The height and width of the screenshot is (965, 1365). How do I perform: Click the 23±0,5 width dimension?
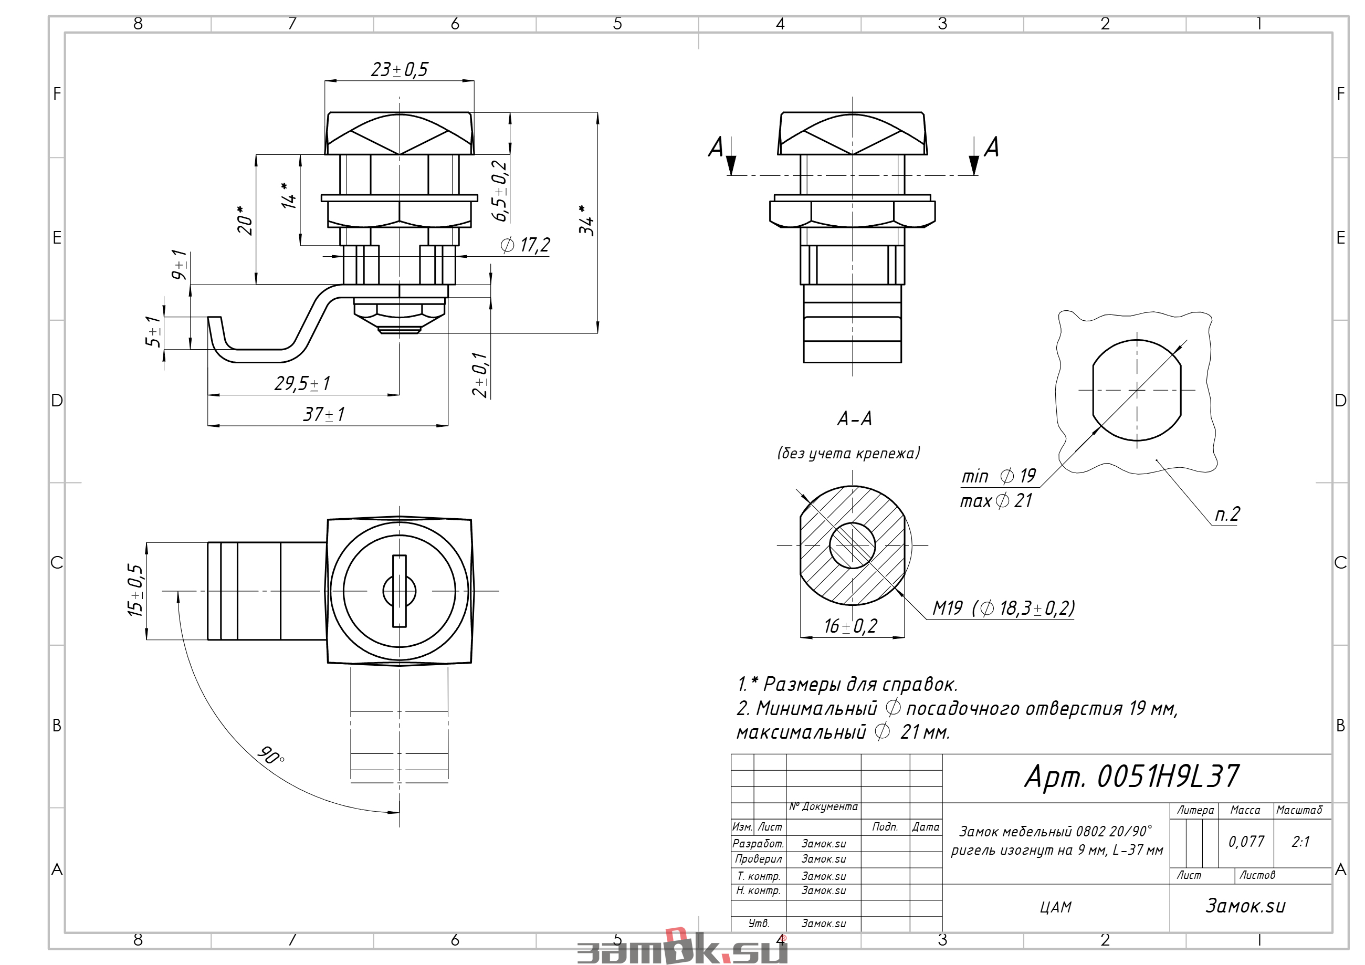click(399, 69)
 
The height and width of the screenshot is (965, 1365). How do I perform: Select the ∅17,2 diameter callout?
click(526, 245)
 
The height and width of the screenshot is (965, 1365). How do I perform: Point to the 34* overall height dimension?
click(586, 220)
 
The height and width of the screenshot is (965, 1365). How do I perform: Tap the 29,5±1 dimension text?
click(302, 383)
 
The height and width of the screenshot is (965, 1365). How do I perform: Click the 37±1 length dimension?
click(323, 414)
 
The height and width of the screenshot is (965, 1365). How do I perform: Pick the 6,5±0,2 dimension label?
click(499, 191)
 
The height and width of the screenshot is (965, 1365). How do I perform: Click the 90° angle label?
click(271, 756)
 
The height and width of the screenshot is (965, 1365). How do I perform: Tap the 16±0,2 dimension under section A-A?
click(850, 626)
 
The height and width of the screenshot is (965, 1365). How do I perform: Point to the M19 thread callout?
click(947, 607)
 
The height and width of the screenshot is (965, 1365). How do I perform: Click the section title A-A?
click(854, 418)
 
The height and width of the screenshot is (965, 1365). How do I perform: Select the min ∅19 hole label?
click(998, 476)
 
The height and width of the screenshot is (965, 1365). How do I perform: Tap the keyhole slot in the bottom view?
click(399, 591)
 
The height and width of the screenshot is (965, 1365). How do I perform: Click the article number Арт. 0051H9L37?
click(1132, 776)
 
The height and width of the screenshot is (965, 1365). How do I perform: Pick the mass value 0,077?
click(1246, 841)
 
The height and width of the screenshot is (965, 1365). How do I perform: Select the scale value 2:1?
click(1301, 841)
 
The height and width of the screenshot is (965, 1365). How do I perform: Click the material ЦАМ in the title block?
click(1056, 907)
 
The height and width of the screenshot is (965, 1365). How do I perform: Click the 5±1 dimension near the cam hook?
click(153, 331)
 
